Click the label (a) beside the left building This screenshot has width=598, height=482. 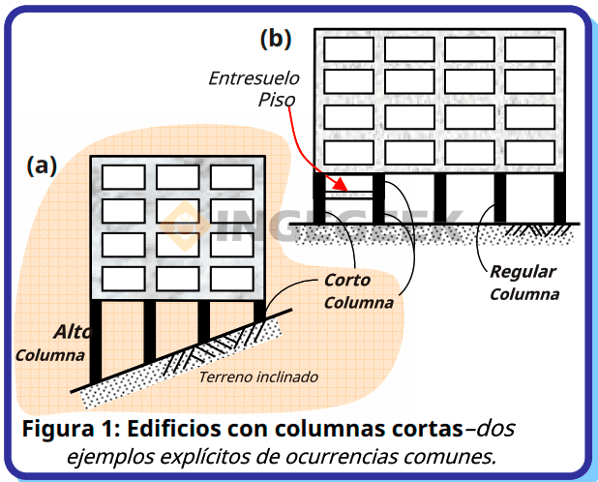click(42, 166)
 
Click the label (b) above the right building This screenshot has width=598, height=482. click(276, 39)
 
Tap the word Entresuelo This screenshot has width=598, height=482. click(254, 77)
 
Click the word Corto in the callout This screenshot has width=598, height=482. click(348, 282)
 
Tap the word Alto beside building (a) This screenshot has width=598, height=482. click(74, 331)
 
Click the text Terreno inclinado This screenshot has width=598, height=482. click(257, 377)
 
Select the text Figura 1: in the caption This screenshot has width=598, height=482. click(69, 427)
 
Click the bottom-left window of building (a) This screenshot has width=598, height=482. click(123, 279)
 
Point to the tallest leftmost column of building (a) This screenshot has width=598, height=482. click(95, 340)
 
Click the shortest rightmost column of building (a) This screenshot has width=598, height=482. click(258, 310)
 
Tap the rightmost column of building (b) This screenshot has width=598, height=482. click(559, 197)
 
